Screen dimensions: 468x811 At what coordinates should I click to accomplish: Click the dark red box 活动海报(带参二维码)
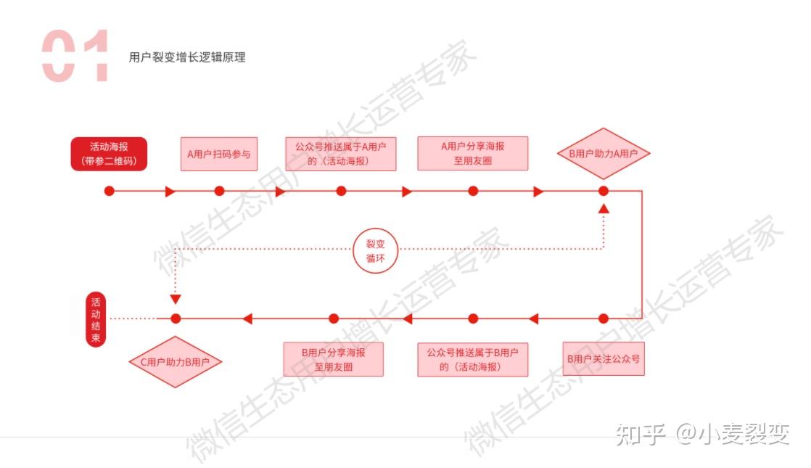(x=109, y=154)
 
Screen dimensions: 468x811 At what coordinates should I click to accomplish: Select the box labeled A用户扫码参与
(x=218, y=154)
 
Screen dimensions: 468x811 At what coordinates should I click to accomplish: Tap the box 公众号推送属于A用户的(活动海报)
(x=341, y=154)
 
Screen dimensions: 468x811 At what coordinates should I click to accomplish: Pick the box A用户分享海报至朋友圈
(x=473, y=154)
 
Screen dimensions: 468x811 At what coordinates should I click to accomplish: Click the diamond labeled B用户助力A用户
(x=604, y=154)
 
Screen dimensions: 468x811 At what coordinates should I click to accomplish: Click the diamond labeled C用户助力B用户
(x=175, y=361)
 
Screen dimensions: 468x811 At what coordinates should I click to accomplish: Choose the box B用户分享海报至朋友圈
(x=334, y=359)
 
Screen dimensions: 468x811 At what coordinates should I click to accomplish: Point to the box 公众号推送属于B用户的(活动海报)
(x=473, y=359)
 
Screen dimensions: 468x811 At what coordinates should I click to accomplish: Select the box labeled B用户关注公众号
(x=604, y=359)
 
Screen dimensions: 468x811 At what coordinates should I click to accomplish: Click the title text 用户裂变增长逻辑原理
(x=187, y=57)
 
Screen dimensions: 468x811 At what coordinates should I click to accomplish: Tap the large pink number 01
(x=75, y=56)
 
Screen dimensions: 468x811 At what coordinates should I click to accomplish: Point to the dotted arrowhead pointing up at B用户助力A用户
(x=604, y=208)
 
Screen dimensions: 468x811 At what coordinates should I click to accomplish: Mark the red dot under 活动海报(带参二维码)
(x=110, y=191)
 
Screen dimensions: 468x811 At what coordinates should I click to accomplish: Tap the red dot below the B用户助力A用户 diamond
(x=604, y=191)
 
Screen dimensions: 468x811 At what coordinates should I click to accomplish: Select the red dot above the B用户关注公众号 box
(x=604, y=319)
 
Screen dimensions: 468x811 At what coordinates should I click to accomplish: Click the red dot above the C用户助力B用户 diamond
(x=175, y=319)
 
